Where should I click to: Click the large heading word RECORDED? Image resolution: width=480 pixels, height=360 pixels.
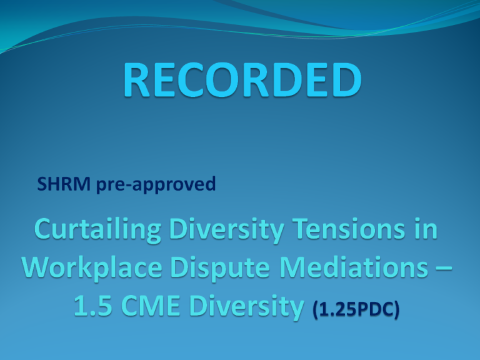(x=242, y=79)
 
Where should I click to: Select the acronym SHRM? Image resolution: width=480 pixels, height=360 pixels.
(x=64, y=184)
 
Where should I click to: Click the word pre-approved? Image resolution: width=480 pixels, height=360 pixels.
(x=156, y=184)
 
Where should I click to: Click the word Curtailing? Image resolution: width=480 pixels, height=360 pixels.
(x=97, y=229)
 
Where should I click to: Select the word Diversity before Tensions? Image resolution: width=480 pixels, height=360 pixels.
(x=227, y=229)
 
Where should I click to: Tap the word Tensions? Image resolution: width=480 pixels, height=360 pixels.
(x=349, y=229)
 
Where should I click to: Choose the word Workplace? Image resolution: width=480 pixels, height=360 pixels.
(x=92, y=268)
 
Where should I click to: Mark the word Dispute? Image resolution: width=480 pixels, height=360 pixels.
(x=220, y=268)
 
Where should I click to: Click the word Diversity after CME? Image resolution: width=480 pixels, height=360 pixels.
(x=246, y=306)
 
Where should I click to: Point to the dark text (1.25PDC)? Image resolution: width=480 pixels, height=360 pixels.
(x=356, y=309)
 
